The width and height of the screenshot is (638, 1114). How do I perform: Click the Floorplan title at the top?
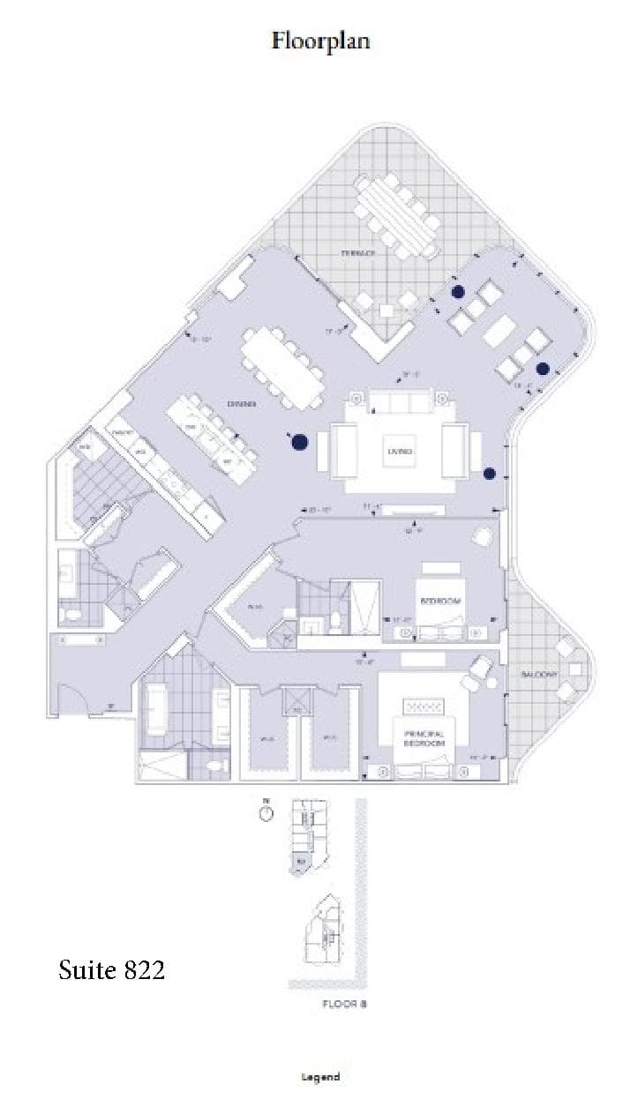[x=320, y=41]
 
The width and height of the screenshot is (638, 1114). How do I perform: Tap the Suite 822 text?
[x=111, y=971]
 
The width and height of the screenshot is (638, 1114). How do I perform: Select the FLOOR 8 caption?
[x=339, y=1004]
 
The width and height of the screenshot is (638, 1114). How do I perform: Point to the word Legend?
[x=320, y=1077]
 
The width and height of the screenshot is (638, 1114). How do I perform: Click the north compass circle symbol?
[x=266, y=813]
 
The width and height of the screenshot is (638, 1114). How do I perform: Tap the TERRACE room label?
[x=358, y=253]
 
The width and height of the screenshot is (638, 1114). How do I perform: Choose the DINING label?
[x=241, y=404]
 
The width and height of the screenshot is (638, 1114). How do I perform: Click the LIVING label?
[x=399, y=452]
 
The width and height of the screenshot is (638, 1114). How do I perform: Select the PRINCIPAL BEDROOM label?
[x=424, y=739]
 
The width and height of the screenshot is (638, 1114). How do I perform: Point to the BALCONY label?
[x=538, y=675]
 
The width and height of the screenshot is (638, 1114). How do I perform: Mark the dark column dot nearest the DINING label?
[x=300, y=442]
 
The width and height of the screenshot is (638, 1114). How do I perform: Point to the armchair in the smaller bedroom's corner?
[x=483, y=535]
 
